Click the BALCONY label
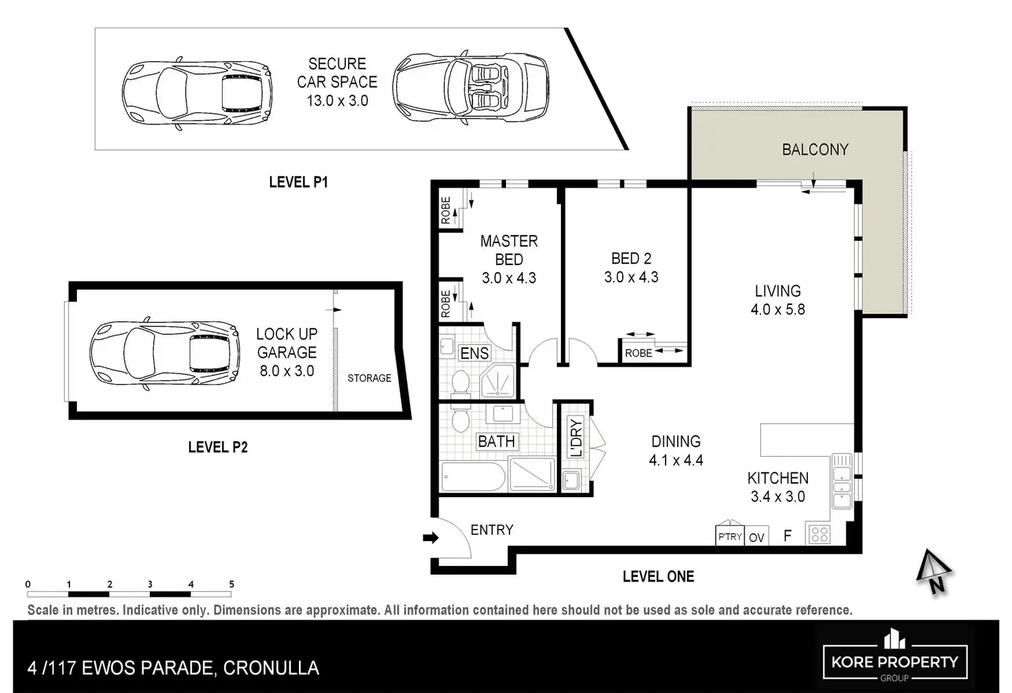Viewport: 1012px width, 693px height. click(815, 150)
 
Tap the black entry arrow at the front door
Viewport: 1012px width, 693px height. click(430, 537)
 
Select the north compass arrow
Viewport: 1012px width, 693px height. click(934, 571)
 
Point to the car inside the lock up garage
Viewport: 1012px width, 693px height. click(164, 353)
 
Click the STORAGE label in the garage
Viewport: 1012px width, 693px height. click(369, 378)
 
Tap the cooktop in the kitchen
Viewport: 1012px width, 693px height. click(819, 534)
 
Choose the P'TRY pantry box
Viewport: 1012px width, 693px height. click(729, 536)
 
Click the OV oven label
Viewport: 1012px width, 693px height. click(756, 537)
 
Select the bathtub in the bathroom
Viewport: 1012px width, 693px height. click(473, 476)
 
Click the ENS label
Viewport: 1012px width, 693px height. click(474, 353)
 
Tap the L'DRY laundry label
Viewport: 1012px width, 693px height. click(575, 438)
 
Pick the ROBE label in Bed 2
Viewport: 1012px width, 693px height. click(638, 353)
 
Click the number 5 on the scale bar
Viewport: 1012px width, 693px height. click(231, 584)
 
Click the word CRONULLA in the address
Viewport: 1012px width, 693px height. click(271, 668)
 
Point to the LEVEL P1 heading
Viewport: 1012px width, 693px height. click(298, 182)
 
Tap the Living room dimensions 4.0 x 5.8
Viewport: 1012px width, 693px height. click(778, 309)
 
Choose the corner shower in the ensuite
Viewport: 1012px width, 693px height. click(497, 381)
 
